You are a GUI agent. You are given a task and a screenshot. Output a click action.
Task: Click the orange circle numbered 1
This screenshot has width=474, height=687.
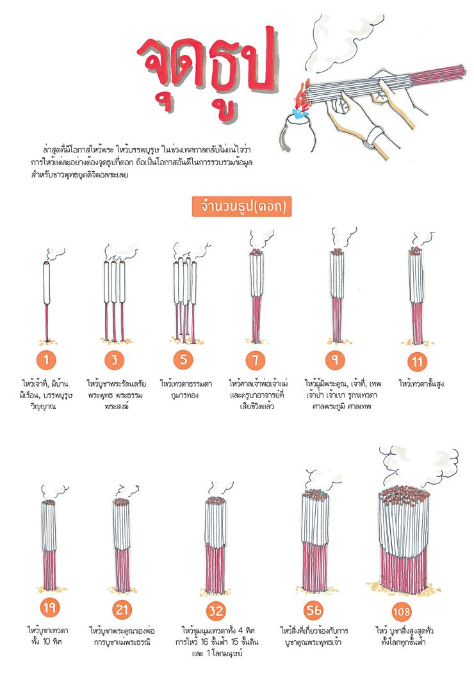46,360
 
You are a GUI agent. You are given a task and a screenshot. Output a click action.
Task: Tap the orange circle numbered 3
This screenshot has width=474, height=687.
115,360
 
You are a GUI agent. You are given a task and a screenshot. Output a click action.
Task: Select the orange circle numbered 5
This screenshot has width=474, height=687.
183,360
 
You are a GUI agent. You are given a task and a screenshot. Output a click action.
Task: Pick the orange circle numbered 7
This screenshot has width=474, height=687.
256,360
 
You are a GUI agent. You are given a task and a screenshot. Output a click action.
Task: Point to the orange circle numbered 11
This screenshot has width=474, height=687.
417,362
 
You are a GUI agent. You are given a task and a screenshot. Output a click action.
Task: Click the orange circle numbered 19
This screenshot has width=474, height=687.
49,608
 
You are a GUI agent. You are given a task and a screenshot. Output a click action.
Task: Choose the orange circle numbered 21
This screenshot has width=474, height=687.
122,610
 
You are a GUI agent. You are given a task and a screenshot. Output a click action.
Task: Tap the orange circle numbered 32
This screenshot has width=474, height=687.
216,611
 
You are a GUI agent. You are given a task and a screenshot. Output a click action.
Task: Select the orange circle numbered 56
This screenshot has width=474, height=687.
313,610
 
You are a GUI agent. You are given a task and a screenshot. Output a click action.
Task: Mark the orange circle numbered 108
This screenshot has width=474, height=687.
401,611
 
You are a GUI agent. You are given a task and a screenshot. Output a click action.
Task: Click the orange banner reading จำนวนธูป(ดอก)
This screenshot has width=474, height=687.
241,206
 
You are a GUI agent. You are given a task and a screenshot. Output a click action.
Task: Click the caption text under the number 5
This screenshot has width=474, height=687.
186,389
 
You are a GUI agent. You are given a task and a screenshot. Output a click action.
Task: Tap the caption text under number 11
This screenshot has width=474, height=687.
421,384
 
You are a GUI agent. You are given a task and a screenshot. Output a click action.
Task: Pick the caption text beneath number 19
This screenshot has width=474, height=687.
47,636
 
